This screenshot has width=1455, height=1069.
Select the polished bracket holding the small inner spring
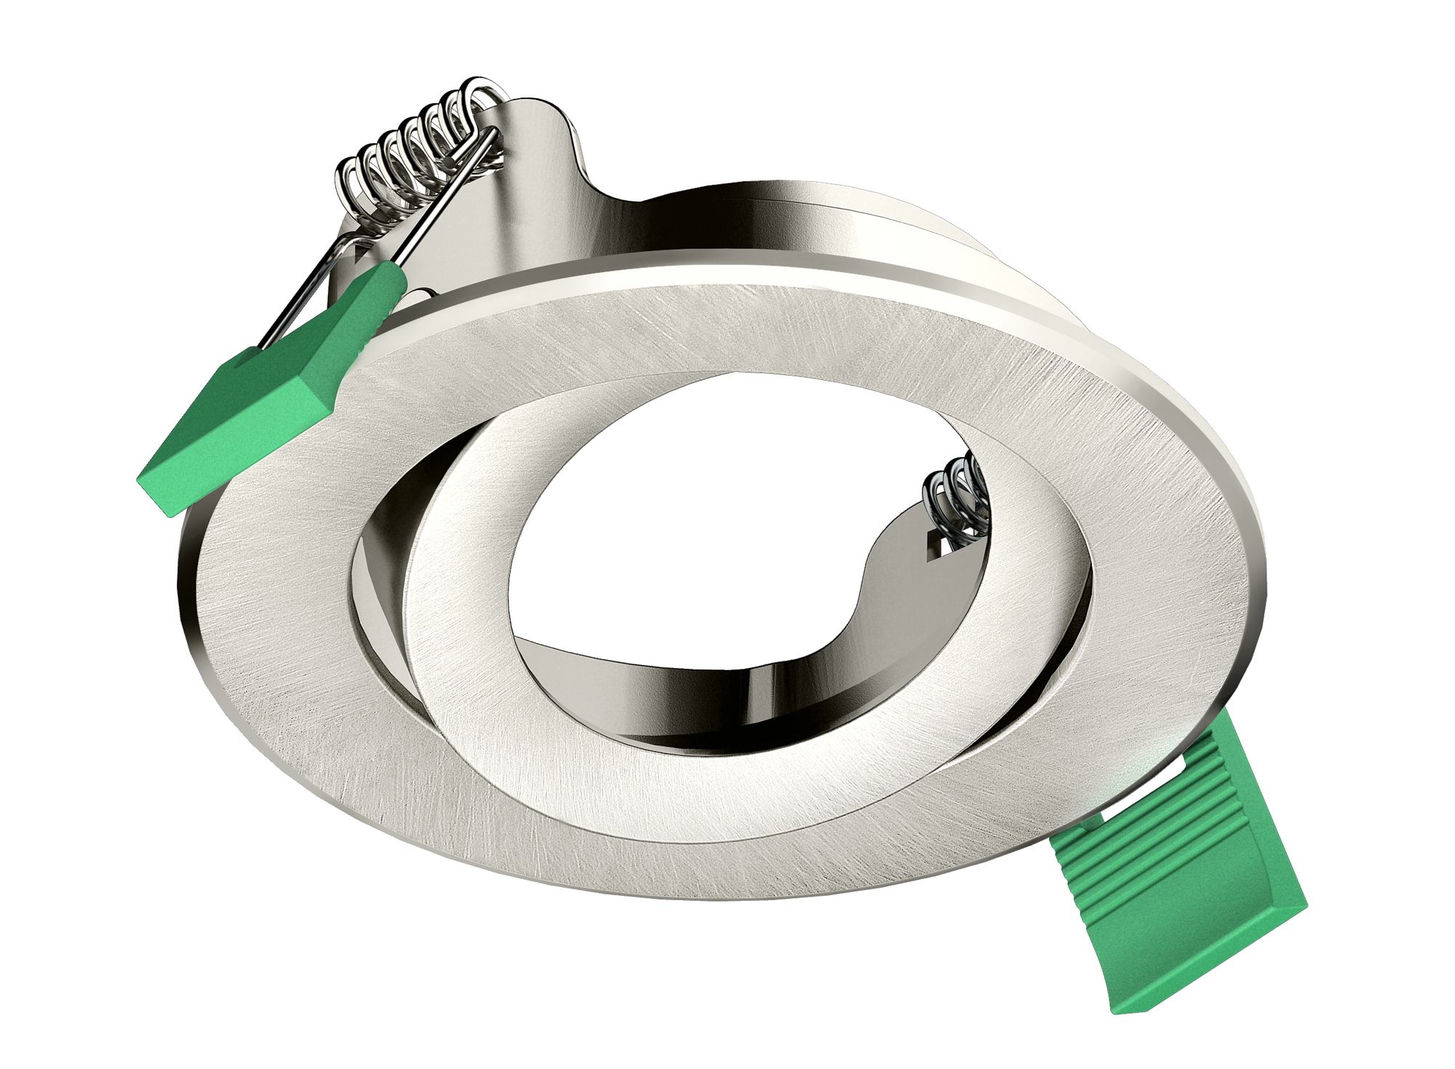pyautogui.click(x=895, y=582)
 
